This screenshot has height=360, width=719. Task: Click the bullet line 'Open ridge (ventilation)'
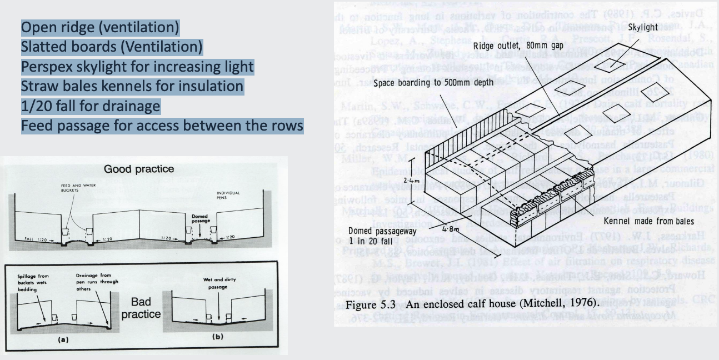100,27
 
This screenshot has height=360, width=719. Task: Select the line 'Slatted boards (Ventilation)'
112,47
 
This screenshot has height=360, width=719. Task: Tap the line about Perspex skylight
137,67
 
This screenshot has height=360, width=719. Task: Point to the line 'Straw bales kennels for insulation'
132,86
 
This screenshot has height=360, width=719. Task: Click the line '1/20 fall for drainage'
91,106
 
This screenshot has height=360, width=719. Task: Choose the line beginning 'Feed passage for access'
162,126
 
